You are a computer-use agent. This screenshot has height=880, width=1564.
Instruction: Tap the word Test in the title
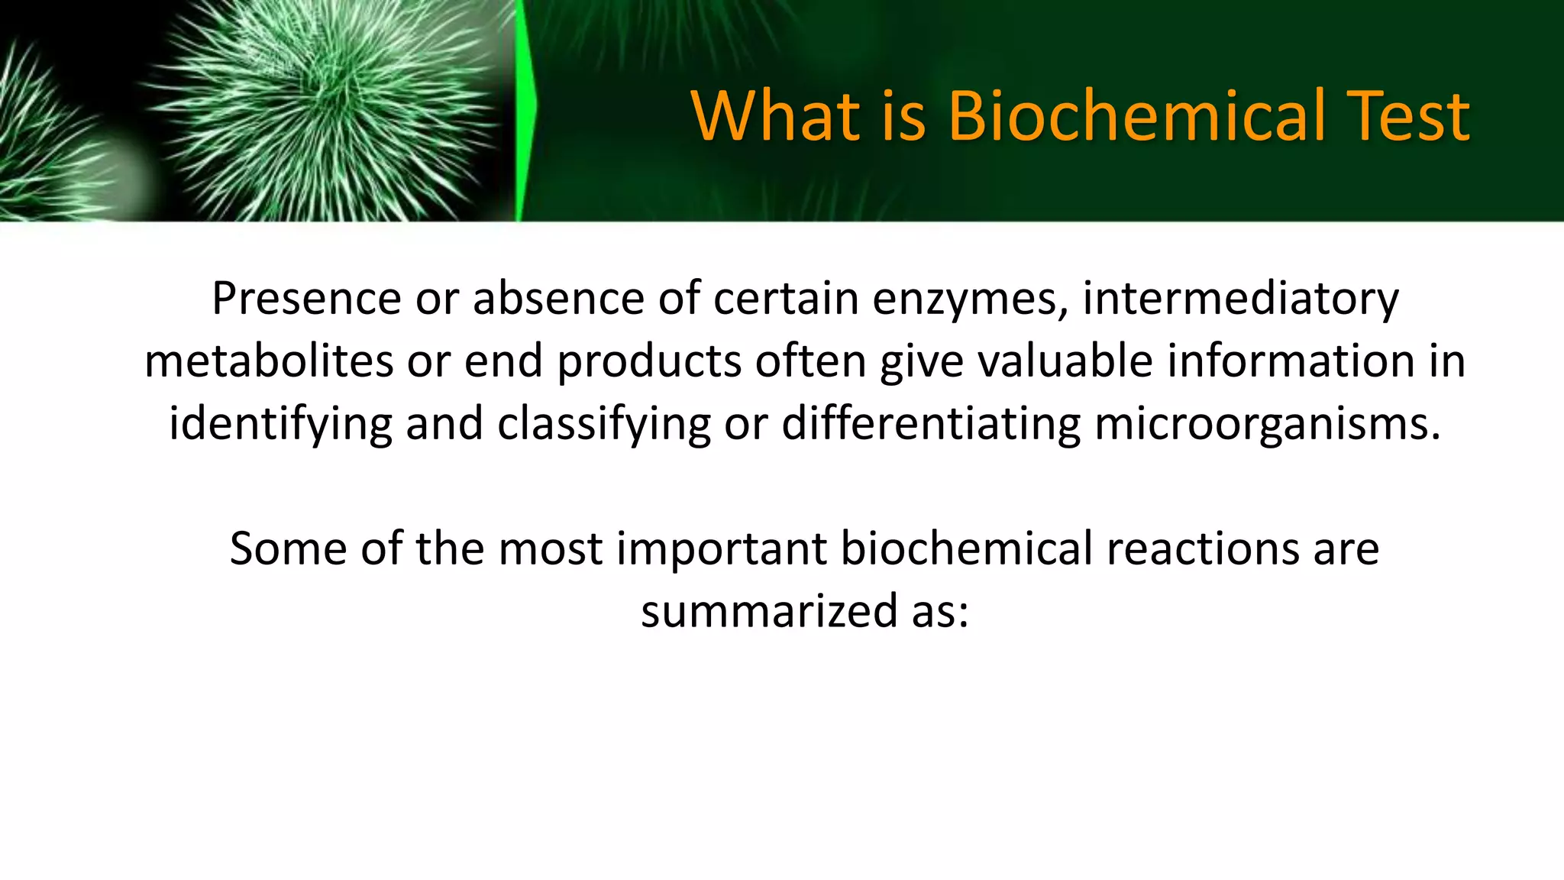(x=1407, y=116)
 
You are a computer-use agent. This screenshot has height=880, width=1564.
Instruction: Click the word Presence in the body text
(x=306, y=298)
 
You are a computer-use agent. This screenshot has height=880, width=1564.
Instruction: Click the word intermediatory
(x=1240, y=299)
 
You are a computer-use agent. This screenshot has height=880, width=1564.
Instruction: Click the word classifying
(x=604, y=425)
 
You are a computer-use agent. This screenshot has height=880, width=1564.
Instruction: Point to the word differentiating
(x=931, y=425)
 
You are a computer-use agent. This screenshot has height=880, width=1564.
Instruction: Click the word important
(x=722, y=549)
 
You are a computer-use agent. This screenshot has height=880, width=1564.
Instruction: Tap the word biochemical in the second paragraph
(x=966, y=549)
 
